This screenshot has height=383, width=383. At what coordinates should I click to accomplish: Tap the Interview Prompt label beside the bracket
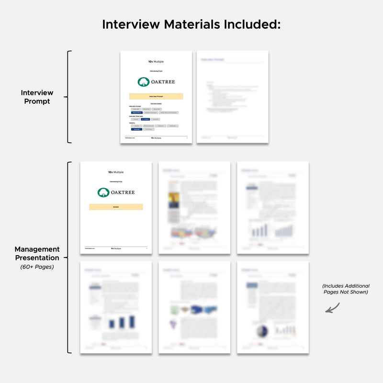(x=37, y=97)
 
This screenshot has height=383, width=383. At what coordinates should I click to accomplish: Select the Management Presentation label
(x=37, y=253)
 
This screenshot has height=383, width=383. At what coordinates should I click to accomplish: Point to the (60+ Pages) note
(x=37, y=267)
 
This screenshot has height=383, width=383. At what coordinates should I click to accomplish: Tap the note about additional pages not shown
(x=345, y=289)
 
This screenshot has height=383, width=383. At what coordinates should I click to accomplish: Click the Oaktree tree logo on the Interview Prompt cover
(x=143, y=82)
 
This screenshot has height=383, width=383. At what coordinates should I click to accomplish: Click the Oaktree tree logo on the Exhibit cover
(x=103, y=192)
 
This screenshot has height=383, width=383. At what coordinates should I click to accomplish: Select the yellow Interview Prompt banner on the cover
(x=156, y=96)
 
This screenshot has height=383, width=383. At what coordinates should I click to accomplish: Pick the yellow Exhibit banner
(x=116, y=207)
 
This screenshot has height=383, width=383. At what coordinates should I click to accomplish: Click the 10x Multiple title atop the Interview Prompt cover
(x=156, y=62)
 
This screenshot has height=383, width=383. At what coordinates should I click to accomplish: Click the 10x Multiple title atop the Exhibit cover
(x=116, y=172)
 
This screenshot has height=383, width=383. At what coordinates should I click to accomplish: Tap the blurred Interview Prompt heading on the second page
(x=213, y=59)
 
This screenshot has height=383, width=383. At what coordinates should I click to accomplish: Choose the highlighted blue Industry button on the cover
(x=136, y=129)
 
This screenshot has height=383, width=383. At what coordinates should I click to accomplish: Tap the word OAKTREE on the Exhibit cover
(x=123, y=192)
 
